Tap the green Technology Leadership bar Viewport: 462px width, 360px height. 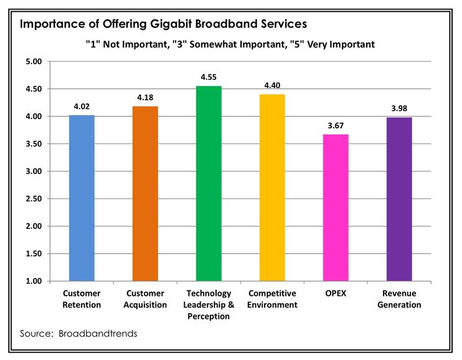click(209, 184)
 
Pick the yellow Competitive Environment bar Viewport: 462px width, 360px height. click(272, 187)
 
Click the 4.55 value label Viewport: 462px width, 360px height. click(209, 77)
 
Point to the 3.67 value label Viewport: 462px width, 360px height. click(336, 125)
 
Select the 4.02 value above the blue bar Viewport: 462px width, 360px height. click(82, 106)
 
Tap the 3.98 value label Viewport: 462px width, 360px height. click(399, 108)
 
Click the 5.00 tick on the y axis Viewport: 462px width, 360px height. click(32, 62)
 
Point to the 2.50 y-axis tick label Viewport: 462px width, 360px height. click(32, 199)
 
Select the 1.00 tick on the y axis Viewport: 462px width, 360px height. click(32, 281)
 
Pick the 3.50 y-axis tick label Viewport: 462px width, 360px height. click(32, 144)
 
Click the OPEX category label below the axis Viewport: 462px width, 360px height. click(336, 293)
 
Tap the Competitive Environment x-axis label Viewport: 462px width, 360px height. click(272, 299)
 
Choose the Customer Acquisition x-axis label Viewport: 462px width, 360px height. click(145, 299)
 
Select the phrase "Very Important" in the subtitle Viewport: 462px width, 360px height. click(342, 45)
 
